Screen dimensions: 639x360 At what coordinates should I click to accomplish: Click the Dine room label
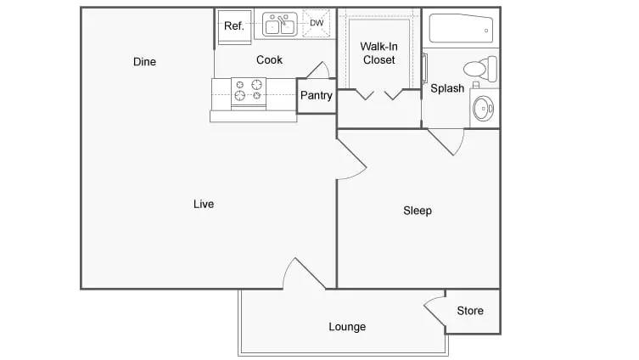(144, 62)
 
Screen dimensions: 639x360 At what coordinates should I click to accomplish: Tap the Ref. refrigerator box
(234, 26)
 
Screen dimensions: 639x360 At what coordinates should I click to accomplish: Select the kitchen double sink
(279, 24)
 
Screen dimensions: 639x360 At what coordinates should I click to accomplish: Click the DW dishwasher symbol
(317, 23)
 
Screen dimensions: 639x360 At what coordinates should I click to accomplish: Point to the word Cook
(269, 60)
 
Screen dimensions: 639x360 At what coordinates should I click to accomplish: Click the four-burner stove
(249, 93)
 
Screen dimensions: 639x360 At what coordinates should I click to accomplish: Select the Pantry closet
(317, 96)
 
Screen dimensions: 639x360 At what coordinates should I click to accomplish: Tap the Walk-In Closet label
(379, 53)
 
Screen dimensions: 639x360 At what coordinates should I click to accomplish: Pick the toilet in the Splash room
(481, 68)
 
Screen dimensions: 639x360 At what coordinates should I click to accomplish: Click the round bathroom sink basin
(483, 109)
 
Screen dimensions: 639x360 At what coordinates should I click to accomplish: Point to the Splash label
(447, 88)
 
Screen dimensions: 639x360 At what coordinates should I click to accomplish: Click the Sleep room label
(418, 211)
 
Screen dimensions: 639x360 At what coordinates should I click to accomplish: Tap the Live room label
(204, 204)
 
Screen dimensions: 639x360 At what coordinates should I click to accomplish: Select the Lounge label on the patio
(347, 327)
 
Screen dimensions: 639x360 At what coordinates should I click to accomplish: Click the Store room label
(470, 311)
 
